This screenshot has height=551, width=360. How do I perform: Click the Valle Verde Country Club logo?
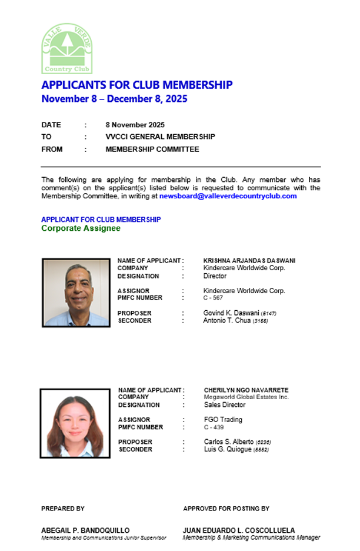point(66,49)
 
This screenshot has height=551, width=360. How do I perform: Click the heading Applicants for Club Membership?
point(136,85)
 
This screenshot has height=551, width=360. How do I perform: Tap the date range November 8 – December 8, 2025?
point(114,99)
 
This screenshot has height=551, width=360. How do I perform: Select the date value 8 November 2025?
point(135,125)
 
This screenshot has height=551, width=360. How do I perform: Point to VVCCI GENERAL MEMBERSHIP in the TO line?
point(160,137)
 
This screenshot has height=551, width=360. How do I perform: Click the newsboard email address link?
point(228,196)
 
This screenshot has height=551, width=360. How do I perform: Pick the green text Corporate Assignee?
point(81,228)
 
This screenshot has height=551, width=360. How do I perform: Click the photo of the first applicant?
point(76,292)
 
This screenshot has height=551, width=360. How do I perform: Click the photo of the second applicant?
point(75,423)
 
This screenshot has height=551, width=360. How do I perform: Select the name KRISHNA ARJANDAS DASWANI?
point(249,260)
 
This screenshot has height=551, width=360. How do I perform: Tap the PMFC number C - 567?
point(213,298)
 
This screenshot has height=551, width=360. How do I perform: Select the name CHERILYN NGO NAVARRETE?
point(246,390)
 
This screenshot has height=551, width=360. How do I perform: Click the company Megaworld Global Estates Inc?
point(246,397)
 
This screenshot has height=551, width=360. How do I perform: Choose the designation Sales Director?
point(225,405)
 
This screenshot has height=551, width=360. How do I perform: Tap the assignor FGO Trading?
point(223,420)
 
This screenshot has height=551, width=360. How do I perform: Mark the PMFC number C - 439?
point(214,427)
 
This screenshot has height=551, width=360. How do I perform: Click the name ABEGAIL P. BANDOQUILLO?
point(85,530)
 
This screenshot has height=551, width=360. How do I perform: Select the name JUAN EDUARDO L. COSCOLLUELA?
point(239,530)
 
